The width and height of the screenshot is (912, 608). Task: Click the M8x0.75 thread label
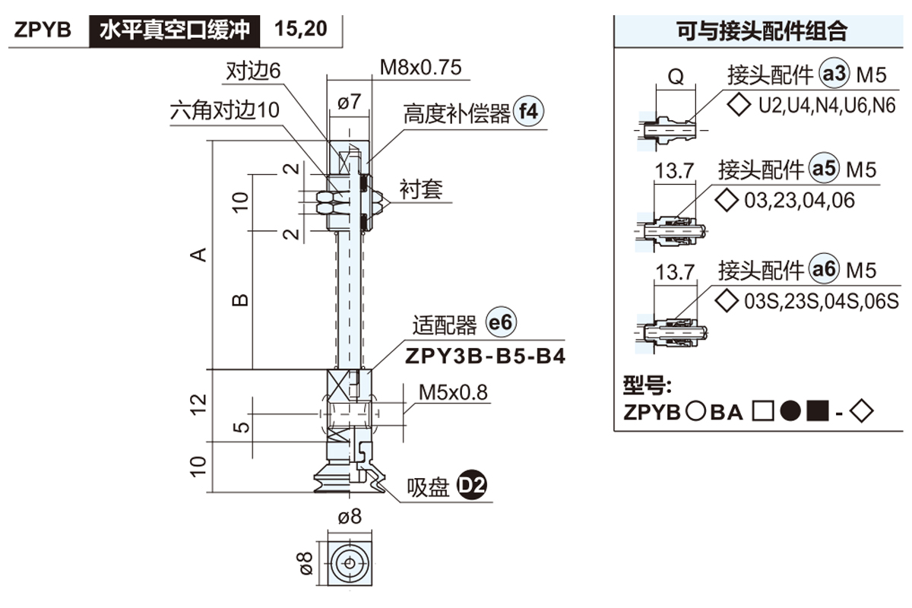coord(420,68)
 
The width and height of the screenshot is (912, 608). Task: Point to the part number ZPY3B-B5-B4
coord(486,356)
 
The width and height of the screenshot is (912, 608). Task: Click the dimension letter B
coord(239,300)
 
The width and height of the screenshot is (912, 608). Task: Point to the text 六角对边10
coord(225,111)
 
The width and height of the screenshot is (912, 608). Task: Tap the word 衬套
coord(421,188)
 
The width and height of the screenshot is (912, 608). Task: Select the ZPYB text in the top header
coord(43,30)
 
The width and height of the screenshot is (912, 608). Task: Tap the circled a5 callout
coord(824,169)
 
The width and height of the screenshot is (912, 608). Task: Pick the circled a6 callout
coord(824,269)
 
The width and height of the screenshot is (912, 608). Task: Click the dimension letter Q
coord(675,77)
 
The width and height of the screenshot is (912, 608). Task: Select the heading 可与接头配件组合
coord(762,31)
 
